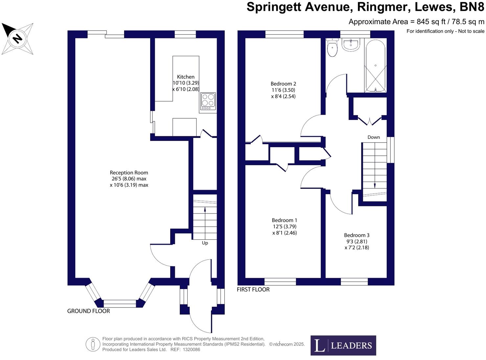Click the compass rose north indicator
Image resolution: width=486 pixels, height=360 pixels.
(x=17, y=38)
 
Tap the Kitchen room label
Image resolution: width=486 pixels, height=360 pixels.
(x=186, y=77)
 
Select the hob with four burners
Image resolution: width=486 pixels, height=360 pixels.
(x=208, y=101)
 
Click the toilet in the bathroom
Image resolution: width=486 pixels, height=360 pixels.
(x=333, y=48)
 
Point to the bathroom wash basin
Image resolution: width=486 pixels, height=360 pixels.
(x=351, y=45)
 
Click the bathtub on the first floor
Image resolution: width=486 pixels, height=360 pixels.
(x=375, y=66)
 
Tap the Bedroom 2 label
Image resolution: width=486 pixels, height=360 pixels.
(x=283, y=84)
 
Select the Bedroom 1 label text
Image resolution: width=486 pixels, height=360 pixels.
(x=284, y=220)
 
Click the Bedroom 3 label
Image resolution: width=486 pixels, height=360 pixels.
(x=357, y=235)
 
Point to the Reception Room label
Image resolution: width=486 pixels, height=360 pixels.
(x=129, y=173)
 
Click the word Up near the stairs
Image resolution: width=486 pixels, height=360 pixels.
(x=205, y=243)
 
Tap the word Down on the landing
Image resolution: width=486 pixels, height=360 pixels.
(x=374, y=137)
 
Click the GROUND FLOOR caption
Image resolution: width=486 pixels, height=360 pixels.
(x=88, y=311)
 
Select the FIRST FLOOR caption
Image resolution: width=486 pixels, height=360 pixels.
(x=253, y=289)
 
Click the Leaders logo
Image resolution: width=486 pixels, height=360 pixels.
(x=343, y=346)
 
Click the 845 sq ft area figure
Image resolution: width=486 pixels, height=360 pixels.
(x=431, y=22)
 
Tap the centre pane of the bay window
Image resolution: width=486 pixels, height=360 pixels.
(x=120, y=304)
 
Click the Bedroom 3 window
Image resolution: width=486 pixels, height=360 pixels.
(x=354, y=281)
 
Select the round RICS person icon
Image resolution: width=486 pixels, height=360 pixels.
(x=93, y=345)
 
